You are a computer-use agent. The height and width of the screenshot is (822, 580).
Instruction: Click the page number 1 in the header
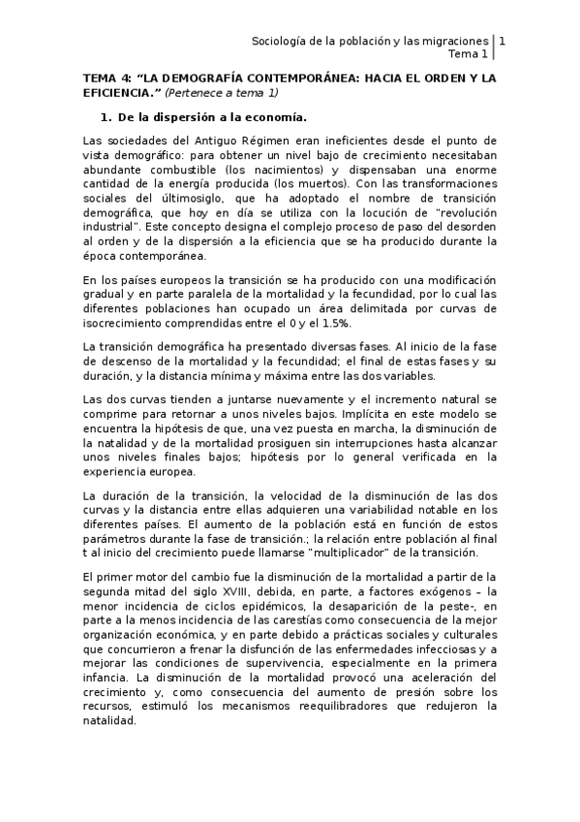[502, 41]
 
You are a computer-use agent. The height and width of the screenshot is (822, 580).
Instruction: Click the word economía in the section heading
[275, 118]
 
